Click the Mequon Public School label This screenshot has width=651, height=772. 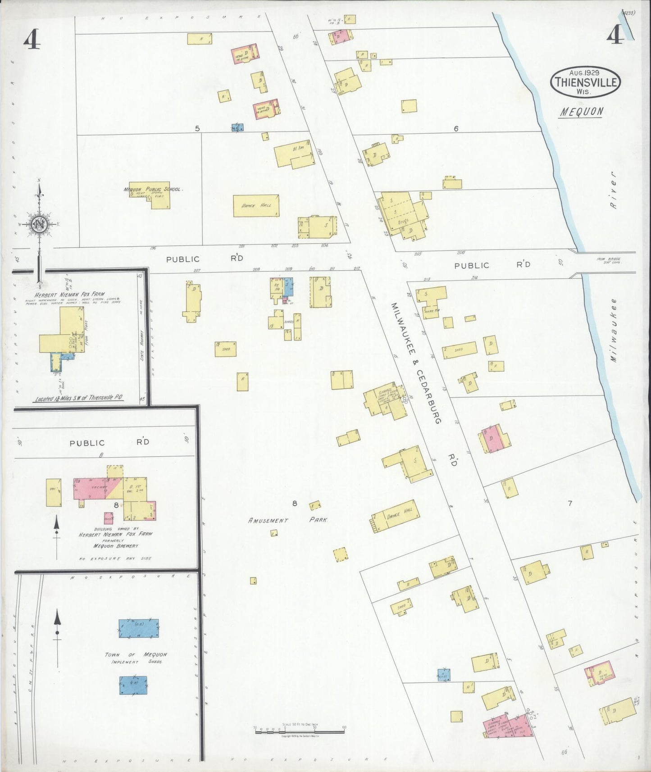point(153,190)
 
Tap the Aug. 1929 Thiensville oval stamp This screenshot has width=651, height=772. point(585,82)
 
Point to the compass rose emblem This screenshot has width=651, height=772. point(40,224)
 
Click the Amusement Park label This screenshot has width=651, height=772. point(288,520)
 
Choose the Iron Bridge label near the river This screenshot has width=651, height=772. point(609,260)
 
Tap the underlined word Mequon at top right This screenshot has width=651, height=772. point(582,112)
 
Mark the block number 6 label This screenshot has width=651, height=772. point(456,129)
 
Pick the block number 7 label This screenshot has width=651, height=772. point(569,503)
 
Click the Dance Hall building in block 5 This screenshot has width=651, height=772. point(256,206)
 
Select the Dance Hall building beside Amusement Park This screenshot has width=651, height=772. point(395,516)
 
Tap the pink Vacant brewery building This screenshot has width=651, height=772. point(95,488)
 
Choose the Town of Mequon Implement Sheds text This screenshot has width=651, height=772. point(136,658)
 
